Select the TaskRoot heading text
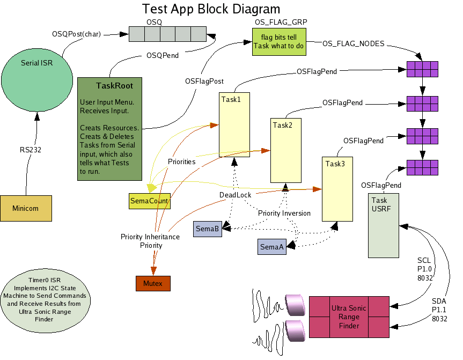(115, 85)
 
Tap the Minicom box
(26, 208)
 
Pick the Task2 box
(285, 151)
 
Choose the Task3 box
(337, 188)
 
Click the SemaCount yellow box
(149, 201)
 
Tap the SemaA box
(271, 247)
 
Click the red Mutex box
(153, 282)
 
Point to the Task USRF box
(384, 226)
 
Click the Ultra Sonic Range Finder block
(349, 317)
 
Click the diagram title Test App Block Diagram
(211, 9)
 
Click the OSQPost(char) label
(76, 34)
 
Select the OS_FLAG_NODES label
(353, 43)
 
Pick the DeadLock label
(235, 195)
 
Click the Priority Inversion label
(284, 213)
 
